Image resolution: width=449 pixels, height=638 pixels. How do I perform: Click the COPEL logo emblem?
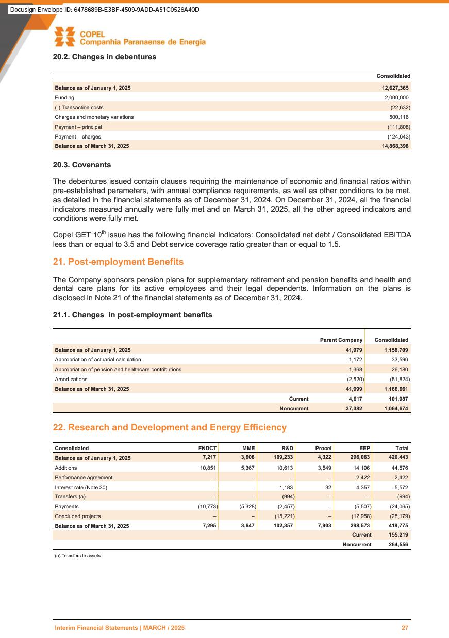tap(65, 36)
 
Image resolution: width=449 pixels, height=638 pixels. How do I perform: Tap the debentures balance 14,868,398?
tap(394, 146)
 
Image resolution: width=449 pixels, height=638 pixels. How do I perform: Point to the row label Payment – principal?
tap(78, 127)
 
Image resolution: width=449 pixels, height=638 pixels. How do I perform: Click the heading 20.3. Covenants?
tap(82, 165)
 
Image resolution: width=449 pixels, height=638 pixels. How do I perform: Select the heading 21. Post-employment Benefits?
tap(118, 262)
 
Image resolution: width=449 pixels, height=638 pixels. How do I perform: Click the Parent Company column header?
tap(341, 340)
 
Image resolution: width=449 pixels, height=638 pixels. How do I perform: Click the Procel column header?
tap(323, 448)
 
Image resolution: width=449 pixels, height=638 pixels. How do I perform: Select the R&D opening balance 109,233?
tap(283, 458)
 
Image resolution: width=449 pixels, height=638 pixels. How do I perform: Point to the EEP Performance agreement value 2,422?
tap(363, 477)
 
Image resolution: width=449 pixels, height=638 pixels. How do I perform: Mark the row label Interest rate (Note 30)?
tap(82, 487)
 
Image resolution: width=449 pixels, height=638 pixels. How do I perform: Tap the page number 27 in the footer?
tap(405, 628)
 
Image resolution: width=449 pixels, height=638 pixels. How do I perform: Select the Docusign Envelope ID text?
tap(105, 10)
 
